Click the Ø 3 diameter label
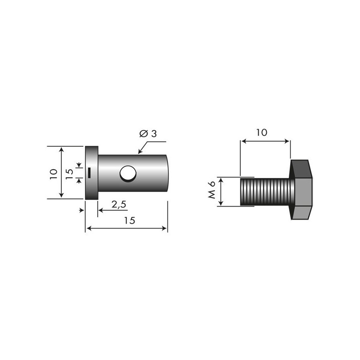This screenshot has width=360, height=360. [148, 134]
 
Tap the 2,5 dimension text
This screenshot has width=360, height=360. [119, 204]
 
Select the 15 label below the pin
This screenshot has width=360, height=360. [129, 220]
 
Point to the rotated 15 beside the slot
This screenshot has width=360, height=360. [69, 174]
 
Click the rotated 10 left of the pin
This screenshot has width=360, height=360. [53, 173]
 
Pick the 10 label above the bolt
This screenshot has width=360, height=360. [261, 132]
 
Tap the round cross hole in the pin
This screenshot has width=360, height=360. [127, 174]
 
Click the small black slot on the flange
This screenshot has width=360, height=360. [90, 172]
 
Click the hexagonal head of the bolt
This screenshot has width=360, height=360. [300, 189]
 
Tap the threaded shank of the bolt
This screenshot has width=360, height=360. [265, 191]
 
